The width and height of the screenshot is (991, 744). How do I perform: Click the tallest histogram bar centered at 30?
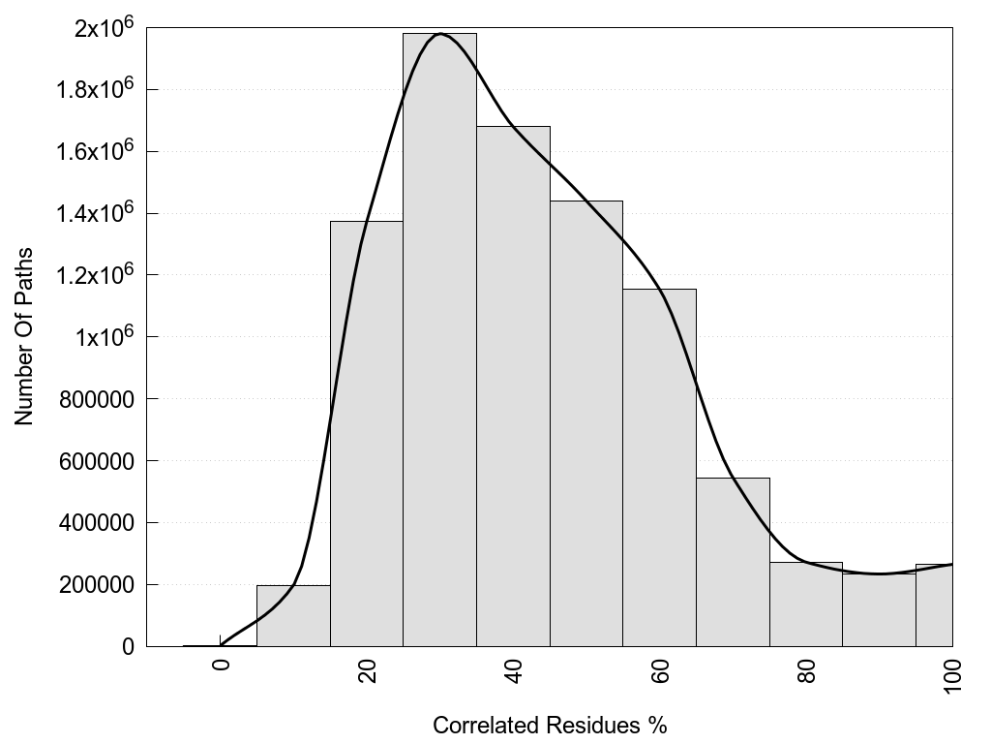439,339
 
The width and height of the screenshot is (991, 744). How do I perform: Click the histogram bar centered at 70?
733,562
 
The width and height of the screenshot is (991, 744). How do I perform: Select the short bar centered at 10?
293,615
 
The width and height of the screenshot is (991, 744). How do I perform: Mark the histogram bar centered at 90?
879,609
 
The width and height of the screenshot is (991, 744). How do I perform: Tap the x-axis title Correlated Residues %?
550,725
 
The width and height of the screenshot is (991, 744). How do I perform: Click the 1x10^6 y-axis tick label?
109,337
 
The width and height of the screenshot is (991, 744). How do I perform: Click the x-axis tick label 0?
221,666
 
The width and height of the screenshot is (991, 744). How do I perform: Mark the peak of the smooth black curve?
440,34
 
